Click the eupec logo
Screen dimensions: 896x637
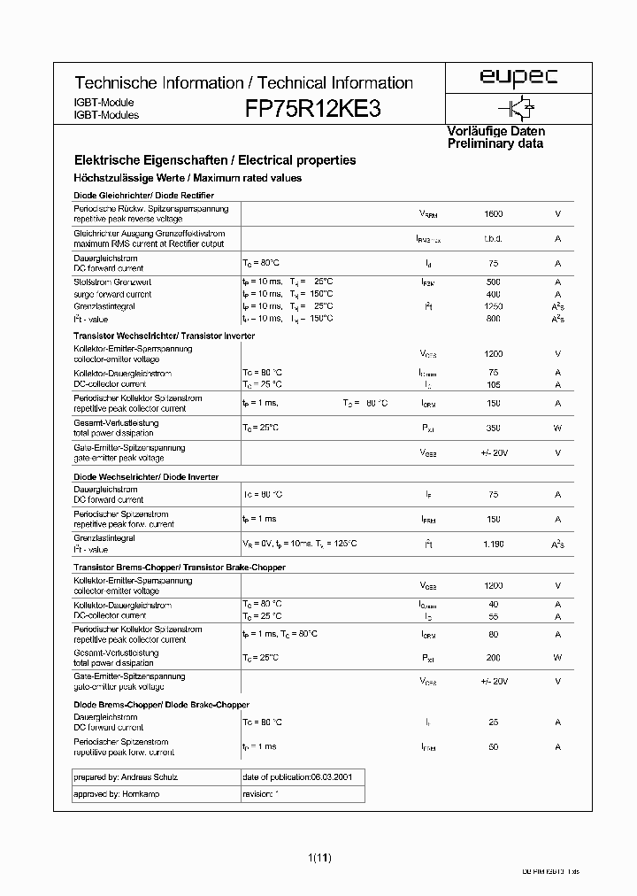(518, 78)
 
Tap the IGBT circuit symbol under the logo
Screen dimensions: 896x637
(520, 107)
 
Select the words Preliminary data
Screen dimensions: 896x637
(495, 143)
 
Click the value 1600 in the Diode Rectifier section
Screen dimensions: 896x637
(494, 214)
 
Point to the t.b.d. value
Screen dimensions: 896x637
(494, 239)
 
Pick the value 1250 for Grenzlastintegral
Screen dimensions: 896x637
(494, 305)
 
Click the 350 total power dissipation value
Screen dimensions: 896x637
(494, 429)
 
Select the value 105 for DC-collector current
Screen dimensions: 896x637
(494, 385)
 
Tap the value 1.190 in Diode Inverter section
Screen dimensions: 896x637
(494, 544)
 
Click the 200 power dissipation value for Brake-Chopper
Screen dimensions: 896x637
(494, 658)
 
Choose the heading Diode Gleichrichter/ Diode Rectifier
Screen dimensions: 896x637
(143, 195)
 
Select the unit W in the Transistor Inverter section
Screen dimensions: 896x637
(557, 429)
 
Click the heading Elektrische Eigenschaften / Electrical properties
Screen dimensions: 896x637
(215, 161)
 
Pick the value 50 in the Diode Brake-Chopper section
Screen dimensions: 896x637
(494, 747)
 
